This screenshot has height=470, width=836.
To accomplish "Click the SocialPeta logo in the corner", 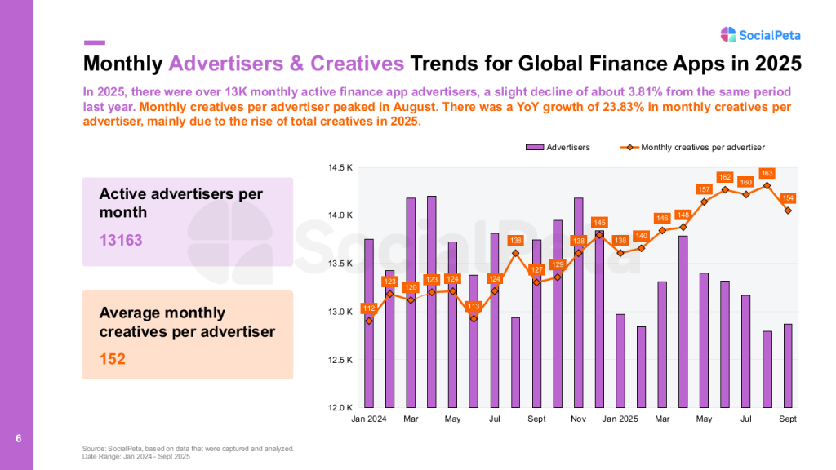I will tap(760, 34).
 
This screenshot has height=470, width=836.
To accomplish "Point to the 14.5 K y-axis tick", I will tap(340, 168).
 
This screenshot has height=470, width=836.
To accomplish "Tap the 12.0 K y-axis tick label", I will tap(340, 407).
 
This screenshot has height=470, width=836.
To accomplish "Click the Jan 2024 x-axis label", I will tap(369, 419).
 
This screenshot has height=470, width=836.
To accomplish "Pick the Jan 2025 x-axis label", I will tap(620, 419).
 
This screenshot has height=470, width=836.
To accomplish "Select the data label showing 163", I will tap(767, 173).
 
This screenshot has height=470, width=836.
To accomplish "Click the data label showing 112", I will tap(369, 308).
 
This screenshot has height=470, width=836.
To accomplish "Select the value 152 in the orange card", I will tap(113, 358).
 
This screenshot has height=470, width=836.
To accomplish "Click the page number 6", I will tap(18, 439).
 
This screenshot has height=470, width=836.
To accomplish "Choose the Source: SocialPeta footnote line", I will tap(188, 449).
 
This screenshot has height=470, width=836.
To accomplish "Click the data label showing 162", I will tap(725, 177).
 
